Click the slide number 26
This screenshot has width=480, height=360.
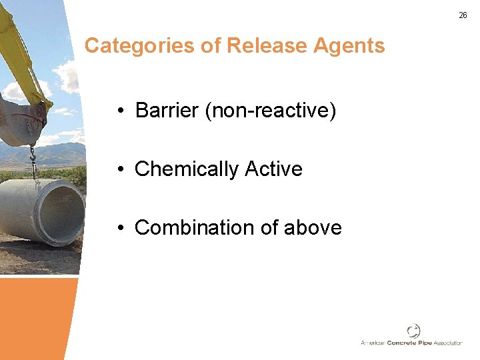click(463, 15)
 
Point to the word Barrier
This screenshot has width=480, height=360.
click(167, 110)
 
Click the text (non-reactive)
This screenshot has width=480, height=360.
click(271, 110)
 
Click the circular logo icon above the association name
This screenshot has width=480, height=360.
click(413, 330)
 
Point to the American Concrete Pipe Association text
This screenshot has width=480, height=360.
click(411, 343)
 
